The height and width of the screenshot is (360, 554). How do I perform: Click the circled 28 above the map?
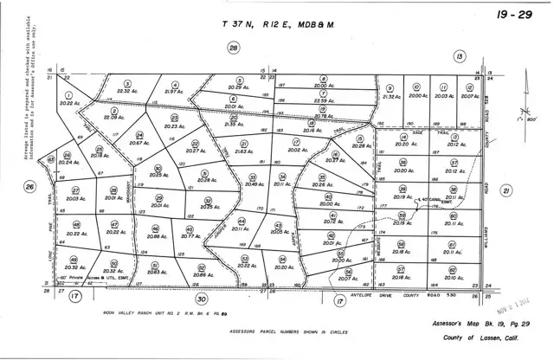[x=232, y=49]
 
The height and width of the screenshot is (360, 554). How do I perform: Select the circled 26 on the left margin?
[x=29, y=186]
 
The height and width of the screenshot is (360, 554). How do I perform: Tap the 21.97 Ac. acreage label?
[x=176, y=92]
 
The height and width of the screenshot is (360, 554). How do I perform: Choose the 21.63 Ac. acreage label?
[x=219, y=151]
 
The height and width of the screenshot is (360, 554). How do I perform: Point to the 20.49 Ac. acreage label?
[x=254, y=183]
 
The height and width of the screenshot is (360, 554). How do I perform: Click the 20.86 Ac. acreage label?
[x=158, y=235]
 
